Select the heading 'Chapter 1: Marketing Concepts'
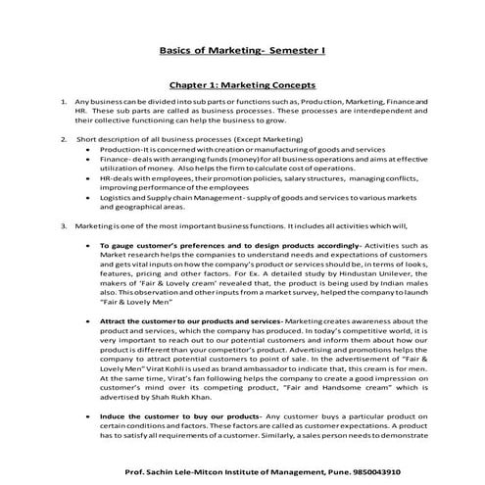[242, 84]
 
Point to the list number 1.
[63, 102]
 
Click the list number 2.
[63, 139]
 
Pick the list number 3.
[63, 225]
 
